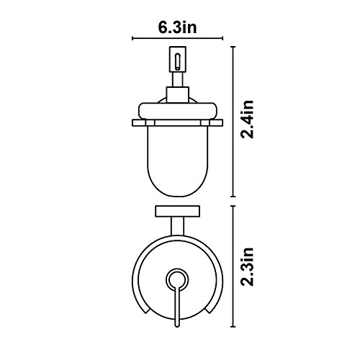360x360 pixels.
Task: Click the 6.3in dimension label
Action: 177,28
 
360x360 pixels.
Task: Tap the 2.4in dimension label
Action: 247,120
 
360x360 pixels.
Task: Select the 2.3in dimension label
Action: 247,266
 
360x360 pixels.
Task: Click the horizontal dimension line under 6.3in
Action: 178,38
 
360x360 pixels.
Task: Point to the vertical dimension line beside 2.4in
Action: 233,122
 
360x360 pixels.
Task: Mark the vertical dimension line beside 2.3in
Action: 233,266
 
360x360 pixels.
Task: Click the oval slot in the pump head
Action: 177,61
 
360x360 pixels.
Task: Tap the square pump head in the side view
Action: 178,59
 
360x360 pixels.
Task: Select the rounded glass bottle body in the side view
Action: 178,161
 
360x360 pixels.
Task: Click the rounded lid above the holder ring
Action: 178,111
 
